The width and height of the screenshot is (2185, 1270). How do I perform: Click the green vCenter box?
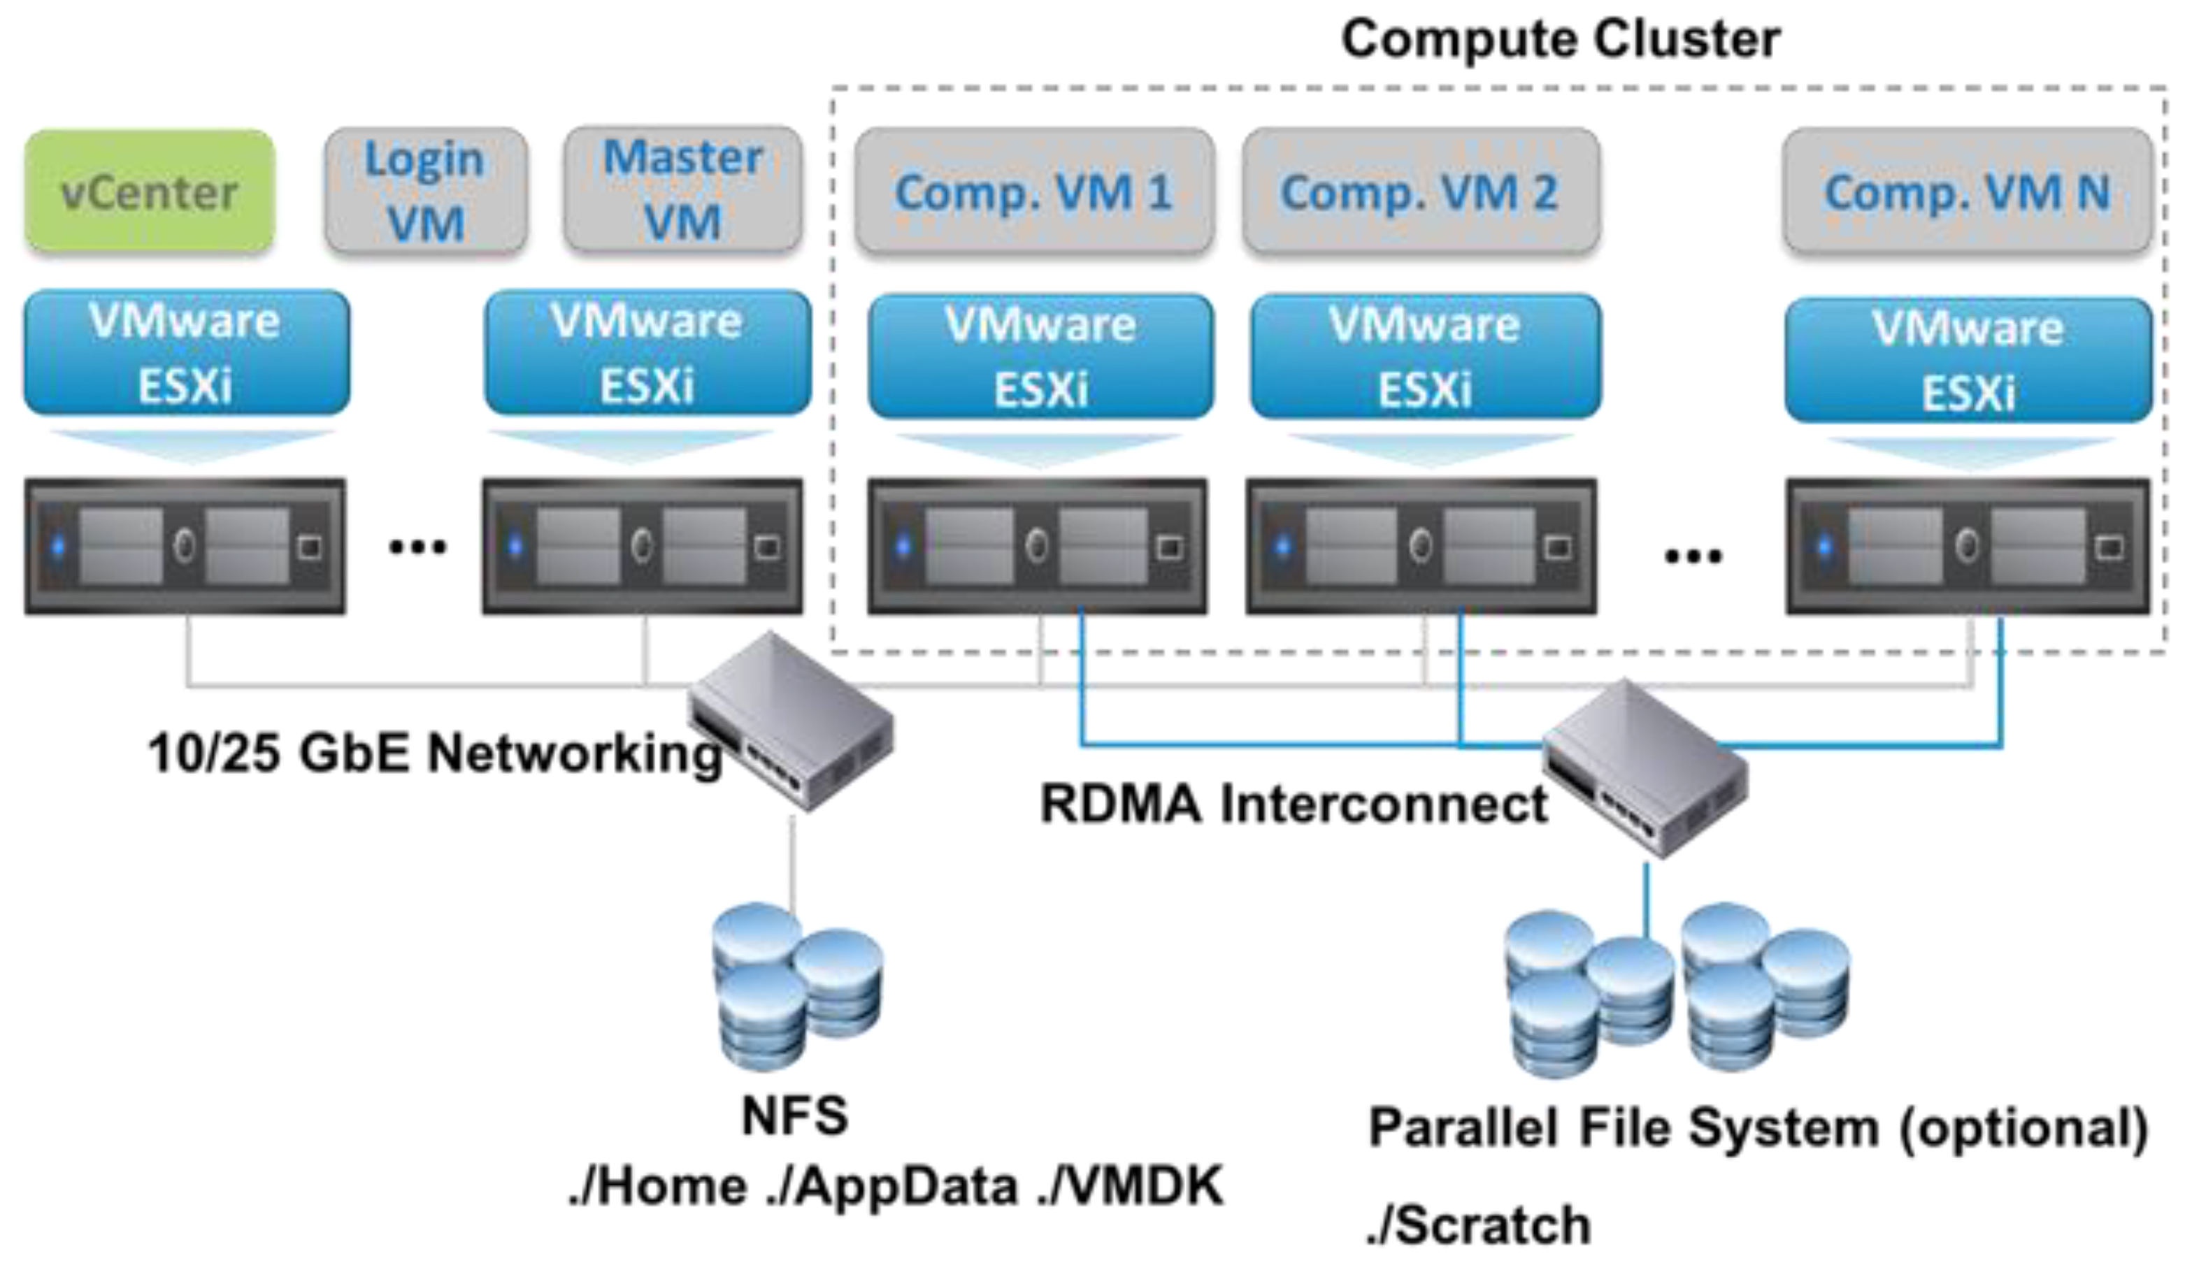(x=149, y=192)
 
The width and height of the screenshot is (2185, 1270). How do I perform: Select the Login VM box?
(x=425, y=192)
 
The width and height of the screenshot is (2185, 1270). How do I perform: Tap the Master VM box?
(x=682, y=190)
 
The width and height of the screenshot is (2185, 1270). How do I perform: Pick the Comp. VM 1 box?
(x=1033, y=192)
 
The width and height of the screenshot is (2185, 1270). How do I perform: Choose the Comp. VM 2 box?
(x=1420, y=192)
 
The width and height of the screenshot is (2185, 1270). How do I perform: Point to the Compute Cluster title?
(x=1561, y=39)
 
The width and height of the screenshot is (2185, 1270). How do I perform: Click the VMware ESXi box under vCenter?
(x=187, y=353)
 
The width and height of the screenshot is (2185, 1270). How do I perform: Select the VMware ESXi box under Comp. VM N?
(x=1968, y=360)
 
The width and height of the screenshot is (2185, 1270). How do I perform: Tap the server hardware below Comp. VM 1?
(x=1037, y=546)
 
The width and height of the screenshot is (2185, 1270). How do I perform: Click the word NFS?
(x=794, y=1116)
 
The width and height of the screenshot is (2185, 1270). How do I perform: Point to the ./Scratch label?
(x=1478, y=1226)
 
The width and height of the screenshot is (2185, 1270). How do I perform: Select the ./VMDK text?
(x=1130, y=1186)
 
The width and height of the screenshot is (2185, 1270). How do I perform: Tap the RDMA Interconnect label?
(x=1294, y=804)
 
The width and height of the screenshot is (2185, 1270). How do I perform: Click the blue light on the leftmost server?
(x=58, y=546)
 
